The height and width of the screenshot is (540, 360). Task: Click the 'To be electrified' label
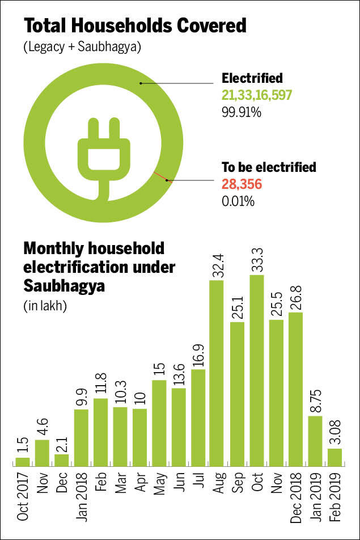(269, 167)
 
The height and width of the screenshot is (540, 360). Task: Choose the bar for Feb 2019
(335, 457)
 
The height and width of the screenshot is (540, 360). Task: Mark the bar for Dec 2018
(296, 389)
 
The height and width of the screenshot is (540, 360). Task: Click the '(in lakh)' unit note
(45, 306)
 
